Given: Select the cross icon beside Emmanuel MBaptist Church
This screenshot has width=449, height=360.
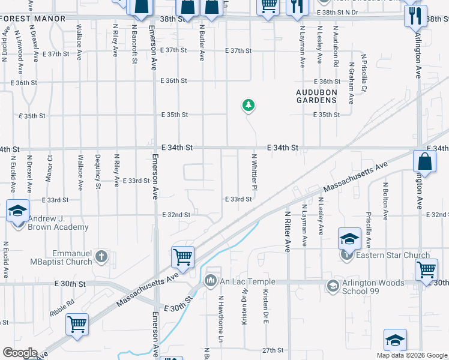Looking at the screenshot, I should tap(102, 257).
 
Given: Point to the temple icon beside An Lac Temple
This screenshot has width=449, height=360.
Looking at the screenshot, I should tap(211, 280).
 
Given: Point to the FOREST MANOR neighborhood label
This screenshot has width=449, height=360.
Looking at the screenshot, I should tap(34, 19).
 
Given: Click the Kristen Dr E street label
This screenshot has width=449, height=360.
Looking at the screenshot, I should tap(265, 307).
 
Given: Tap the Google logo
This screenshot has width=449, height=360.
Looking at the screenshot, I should tap(20, 353).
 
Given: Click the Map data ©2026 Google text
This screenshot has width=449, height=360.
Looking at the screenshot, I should tap(411, 355).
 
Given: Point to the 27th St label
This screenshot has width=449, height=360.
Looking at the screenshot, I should tap(272, 350).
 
